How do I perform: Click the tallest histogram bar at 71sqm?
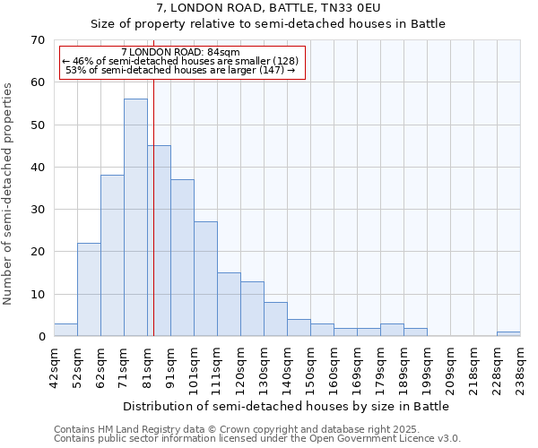(135, 218)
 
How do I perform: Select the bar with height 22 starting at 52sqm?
(89, 289)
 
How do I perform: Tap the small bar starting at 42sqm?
(65, 331)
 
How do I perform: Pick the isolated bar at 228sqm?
(508, 334)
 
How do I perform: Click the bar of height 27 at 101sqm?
(205, 279)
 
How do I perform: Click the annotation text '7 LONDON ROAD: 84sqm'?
(180, 53)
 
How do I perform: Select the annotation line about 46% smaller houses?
(180, 61)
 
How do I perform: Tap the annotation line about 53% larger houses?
(180, 70)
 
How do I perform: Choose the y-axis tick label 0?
(41, 337)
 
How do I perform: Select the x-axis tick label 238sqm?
(520, 368)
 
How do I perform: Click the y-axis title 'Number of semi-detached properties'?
(9, 194)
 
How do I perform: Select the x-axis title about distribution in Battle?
(285, 406)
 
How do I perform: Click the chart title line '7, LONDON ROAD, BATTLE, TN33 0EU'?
(268, 7)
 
